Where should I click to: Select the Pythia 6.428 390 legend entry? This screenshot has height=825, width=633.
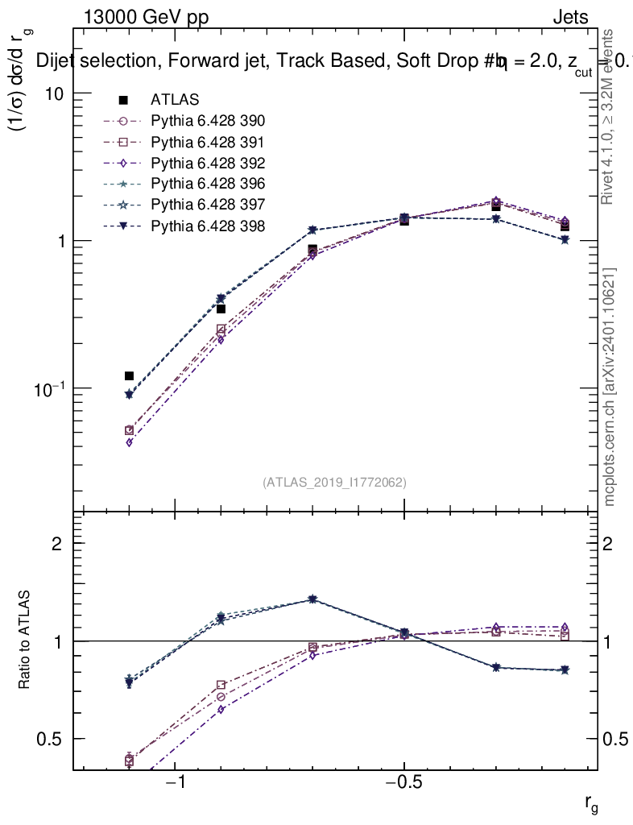pyautogui.click(x=208, y=121)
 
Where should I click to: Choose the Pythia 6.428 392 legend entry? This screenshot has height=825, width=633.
pyautogui.click(x=208, y=163)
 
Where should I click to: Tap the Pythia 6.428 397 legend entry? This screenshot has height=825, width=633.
pyautogui.click(x=208, y=204)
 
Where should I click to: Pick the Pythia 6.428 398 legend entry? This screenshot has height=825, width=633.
pyautogui.click(x=208, y=225)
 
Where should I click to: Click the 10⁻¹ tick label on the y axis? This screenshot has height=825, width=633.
pyautogui.click(x=47, y=388)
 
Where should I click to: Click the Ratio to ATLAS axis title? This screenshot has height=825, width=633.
pyautogui.click(x=26, y=641)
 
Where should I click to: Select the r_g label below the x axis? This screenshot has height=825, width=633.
pyautogui.click(x=591, y=803)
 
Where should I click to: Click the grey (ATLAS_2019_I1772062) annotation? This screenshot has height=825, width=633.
pyautogui.click(x=334, y=483)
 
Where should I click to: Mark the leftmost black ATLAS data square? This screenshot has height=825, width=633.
pyautogui.click(x=129, y=376)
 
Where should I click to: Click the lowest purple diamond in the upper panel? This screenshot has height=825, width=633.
pyautogui.click(x=129, y=442)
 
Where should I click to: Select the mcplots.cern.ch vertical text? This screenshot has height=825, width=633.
pyautogui.click(x=610, y=387)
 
